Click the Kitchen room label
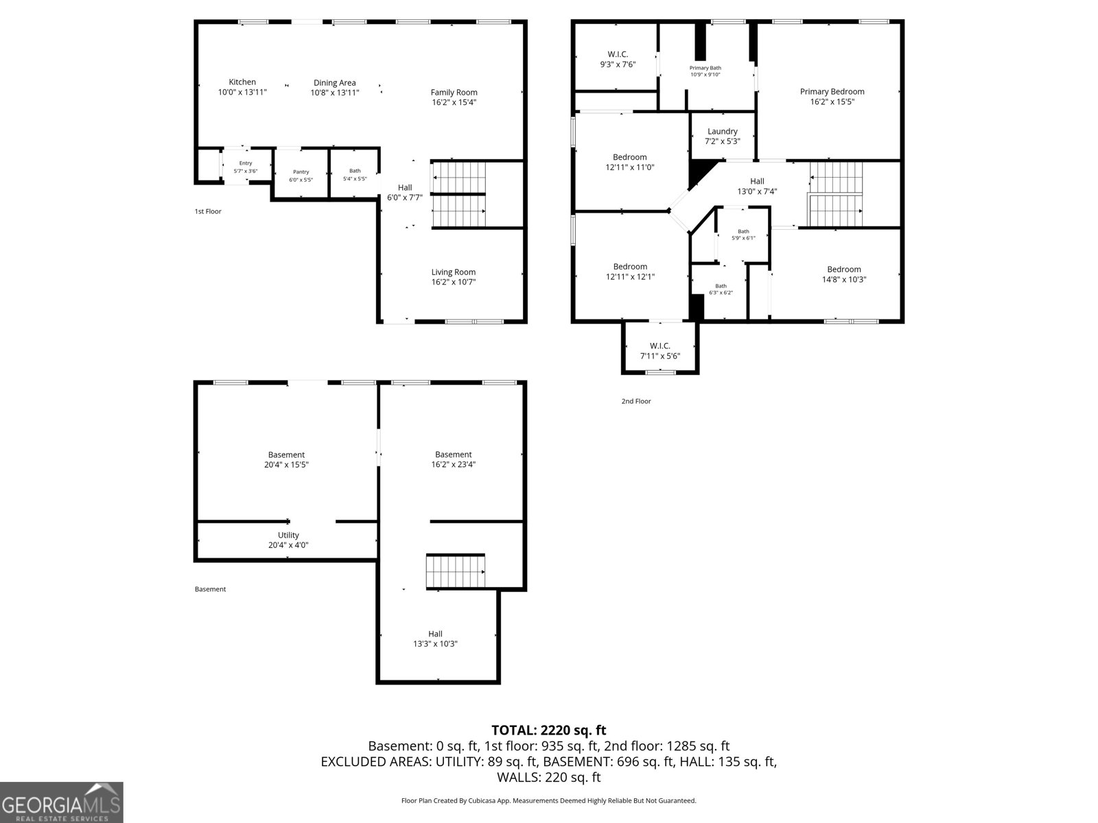click(x=242, y=82)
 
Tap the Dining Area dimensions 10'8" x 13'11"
click(x=335, y=93)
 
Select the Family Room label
click(x=454, y=93)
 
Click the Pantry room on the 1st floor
click(x=301, y=172)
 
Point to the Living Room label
click(x=453, y=272)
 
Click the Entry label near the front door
click(x=245, y=163)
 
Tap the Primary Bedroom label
click(x=832, y=92)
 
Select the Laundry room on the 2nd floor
click(x=722, y=132)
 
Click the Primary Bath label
click(x=705, y=68)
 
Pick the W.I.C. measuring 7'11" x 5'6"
click(x=659, y=351)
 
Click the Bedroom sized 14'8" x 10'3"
click(x=843, y=274)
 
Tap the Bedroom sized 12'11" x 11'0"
click(x=629, y=162)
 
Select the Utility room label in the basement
click(x=288, y=536)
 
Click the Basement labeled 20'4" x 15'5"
click(x=286, y=460)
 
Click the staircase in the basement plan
click(x=455, y=571)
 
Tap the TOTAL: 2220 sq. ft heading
click(x=548, y=730)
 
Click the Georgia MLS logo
click(x=62, y=802)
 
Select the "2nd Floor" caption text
click(x=636, y=401)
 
